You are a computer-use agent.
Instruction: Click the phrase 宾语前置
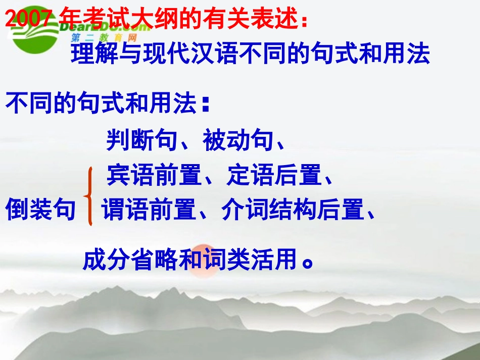pos(153,175)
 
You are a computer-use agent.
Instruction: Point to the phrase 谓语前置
pos(148,210)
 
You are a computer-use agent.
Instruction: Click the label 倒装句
pos(40,210)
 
